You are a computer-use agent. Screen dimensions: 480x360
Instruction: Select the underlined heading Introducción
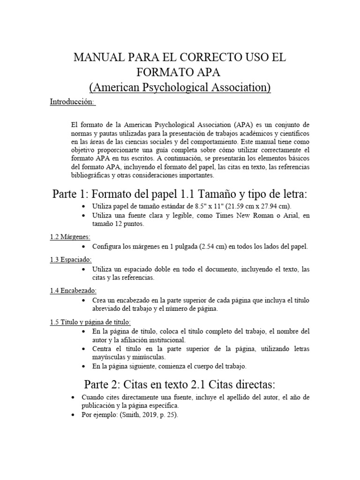tap(72, 102)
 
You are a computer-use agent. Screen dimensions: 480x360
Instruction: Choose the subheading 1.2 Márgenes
tap(70, 237)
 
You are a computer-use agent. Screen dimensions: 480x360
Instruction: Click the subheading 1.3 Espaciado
tap(71, 259)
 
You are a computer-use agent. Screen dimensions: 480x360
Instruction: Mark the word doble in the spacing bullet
tap(160, 269)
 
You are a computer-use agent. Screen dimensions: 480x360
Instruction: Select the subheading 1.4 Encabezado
tap(73, 291)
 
